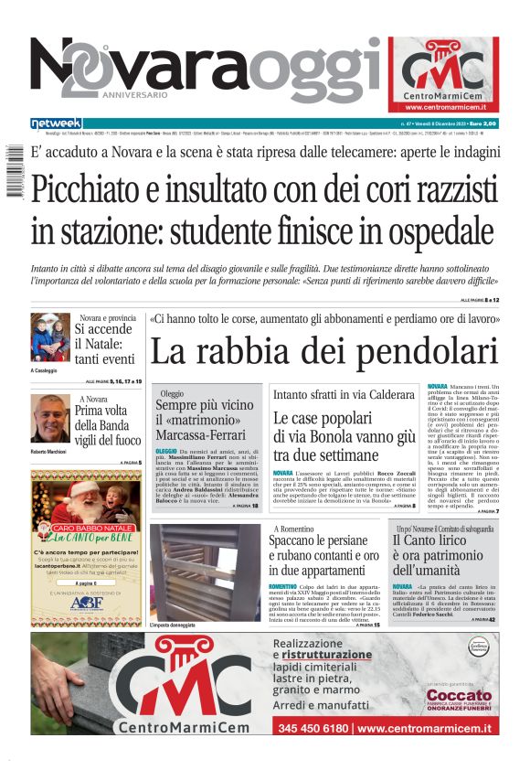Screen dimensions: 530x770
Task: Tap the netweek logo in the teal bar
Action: [x=56, y=123]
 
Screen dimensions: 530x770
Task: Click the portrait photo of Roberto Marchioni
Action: [x=50, y=420]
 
